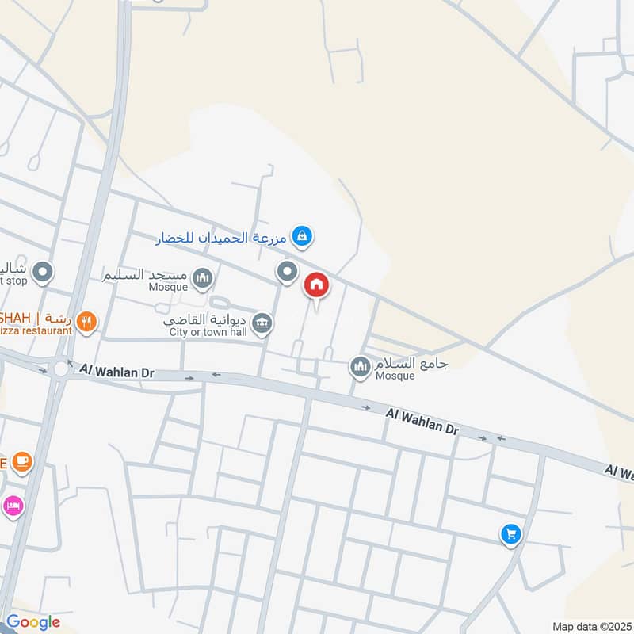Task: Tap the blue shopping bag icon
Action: pos(301,235)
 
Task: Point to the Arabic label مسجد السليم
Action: pos(145,275)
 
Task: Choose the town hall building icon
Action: pos(262,323)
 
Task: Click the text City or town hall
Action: pos(208,333)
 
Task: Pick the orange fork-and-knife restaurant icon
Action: pos(87,322)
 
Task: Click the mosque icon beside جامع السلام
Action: pos(361,366)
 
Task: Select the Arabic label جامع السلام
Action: pos(411,363)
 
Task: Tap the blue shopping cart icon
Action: pos(511,535)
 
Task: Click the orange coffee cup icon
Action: pos(21,461)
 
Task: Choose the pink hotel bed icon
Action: pos(13,505)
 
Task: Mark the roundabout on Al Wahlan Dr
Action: pos(60,369)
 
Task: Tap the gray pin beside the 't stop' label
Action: pos(44,273)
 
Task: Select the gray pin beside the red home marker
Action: pos(287,273)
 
